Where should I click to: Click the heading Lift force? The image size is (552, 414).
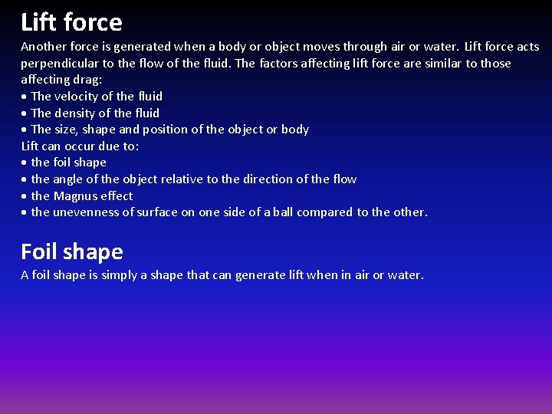click(x=71, y=21)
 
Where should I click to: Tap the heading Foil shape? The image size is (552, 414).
click(x=71, y=251)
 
